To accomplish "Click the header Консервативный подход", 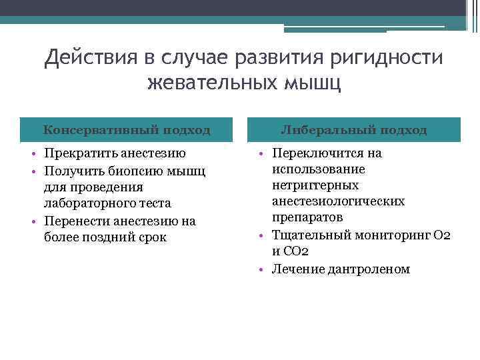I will pos(127,130).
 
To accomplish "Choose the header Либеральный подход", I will pos(353,130).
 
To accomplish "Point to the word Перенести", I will pos(75,220).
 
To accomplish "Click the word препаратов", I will pos(307,217).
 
